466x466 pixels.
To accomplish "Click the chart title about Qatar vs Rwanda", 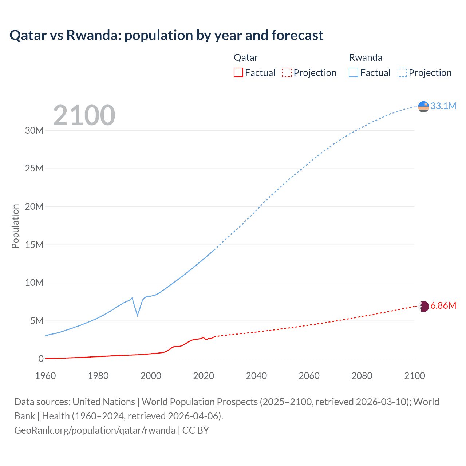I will [x=166, y=35].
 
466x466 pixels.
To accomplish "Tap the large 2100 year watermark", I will [x=84, y=115].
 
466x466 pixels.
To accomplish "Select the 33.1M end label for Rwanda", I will [x=443, y=106].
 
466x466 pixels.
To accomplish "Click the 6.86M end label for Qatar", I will [x=443, y=305].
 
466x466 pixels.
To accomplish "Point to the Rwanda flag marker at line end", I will [x=423, y=107].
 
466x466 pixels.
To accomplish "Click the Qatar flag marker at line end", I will [x=423, y=306].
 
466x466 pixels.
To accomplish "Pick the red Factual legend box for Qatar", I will [x=238, y=72].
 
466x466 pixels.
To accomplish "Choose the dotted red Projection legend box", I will [x=287, y=72].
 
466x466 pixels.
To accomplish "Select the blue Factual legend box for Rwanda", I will [x=354, y=72].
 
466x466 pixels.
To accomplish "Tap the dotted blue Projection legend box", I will [x=402, y=72].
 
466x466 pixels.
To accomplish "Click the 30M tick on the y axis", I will [x=34, y=131].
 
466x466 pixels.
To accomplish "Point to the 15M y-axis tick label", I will [x=34, y=245].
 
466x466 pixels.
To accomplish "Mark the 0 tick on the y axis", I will [x=41, y=359].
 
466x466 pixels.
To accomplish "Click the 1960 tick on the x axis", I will [x=46, y=376].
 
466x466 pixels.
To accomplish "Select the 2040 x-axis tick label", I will [x=256, y=376].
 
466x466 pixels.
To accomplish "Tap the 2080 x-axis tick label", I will [x=362, y=376].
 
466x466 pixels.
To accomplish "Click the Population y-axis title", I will [x=15, y=226].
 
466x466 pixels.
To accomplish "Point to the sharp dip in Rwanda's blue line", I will [x=137, y=315].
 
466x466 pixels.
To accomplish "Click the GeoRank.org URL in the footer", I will [x=95, y=430].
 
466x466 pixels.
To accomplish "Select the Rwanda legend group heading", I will [x=366, y=58].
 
